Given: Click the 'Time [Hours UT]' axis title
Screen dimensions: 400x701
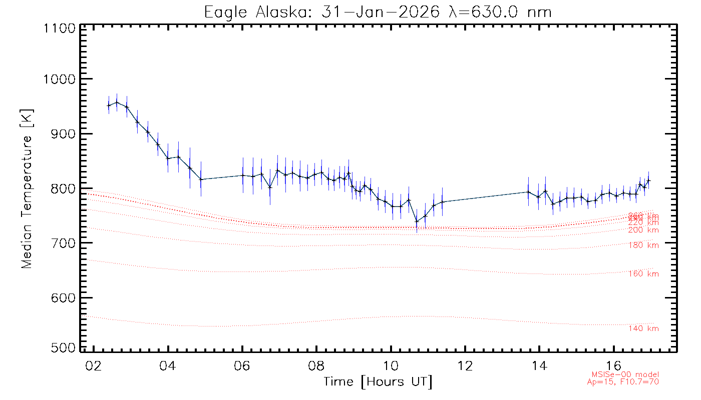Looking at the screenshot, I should [x=378, y=382].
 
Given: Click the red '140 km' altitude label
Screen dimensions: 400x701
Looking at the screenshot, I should [x=643, y=328].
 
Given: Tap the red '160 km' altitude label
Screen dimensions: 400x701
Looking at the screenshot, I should [x=643, y=274].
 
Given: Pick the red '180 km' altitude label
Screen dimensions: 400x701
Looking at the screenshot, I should [x=643, y=245].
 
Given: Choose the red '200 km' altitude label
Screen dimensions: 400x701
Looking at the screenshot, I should [x=643, y=230].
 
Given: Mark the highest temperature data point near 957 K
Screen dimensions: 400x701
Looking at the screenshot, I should [x=117, y=102].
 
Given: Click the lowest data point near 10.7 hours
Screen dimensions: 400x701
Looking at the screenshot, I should [x=417, y=221].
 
